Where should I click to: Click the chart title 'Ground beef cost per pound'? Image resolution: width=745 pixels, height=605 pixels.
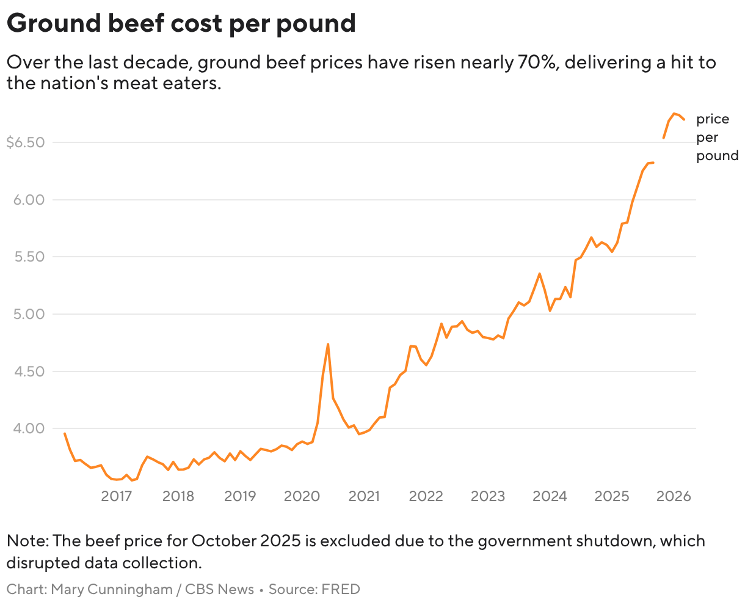[181, 23]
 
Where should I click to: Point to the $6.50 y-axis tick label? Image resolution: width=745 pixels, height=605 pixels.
[26, 142]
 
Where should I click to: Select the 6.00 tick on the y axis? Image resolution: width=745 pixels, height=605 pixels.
[29, 200]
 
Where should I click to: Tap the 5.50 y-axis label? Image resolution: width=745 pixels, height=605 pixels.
[29, 257]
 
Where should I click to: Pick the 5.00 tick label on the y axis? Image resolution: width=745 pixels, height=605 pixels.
[29, 314]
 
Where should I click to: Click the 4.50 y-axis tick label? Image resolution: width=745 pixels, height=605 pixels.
[29, 372]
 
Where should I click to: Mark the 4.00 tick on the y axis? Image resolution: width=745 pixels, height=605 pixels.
[29, 428]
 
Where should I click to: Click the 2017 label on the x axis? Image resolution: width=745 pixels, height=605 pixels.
[117, 496]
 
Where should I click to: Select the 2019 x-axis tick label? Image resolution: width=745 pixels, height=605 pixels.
[240, 496]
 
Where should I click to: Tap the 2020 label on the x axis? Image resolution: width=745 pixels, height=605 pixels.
[302, 496]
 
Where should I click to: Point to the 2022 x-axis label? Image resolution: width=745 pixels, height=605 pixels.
[426, 496]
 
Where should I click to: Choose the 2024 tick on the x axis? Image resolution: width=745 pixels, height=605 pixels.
[550, 496]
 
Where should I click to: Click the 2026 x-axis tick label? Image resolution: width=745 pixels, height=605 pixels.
[674, 496]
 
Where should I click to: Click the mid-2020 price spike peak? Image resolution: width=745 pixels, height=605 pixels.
[328, 344]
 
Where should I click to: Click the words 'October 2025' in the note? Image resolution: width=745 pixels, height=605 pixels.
[246, 541]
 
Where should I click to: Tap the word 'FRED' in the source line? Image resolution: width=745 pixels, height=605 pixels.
[341, 590]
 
